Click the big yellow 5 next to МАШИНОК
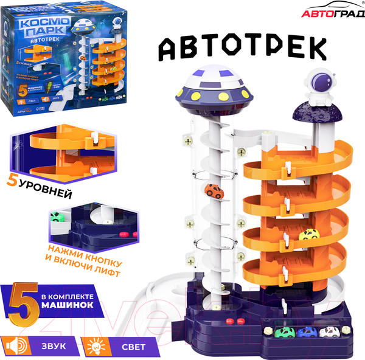click(23, 302)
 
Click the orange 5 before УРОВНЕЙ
click(13, 197)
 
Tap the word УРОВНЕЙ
click(49, 198)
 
